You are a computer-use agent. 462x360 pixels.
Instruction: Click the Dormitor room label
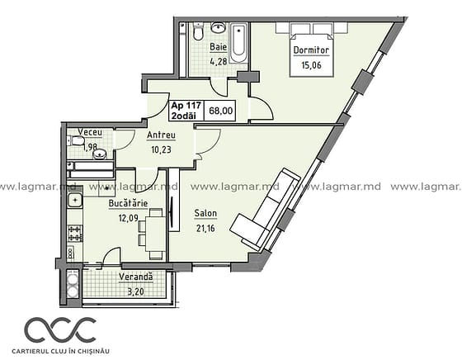click(x=311, y=50)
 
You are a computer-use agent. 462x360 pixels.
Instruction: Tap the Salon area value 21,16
click(x=205, y=228)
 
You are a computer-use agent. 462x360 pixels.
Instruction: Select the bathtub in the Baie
click(x=239, y=44)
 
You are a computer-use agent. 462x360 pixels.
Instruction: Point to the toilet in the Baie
click(x=198, y=32)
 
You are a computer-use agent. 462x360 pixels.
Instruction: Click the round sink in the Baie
click(x=218, y=28)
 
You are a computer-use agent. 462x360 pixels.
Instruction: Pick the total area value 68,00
click(x=221, y=111)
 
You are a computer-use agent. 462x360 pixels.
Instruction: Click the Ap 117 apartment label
click(x=186, y=105)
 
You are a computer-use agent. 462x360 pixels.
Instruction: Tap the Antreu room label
click(x=161, y=135)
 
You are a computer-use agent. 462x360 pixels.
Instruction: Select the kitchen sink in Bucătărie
click(x=75, y=201)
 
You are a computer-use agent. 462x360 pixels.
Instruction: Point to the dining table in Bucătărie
click(x=156, y=234)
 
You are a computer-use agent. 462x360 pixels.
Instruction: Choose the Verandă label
click(x=136, y=277)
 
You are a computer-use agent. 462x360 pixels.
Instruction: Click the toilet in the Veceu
click(x=76, y=140)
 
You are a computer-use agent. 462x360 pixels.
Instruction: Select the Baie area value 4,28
click(x=218, y=62)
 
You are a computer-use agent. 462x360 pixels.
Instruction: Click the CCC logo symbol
click(x=60, y=330)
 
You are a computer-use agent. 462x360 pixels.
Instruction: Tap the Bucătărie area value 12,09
click(x=128, y=219)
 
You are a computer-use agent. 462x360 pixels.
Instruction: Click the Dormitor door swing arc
click(x=266, y=108)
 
